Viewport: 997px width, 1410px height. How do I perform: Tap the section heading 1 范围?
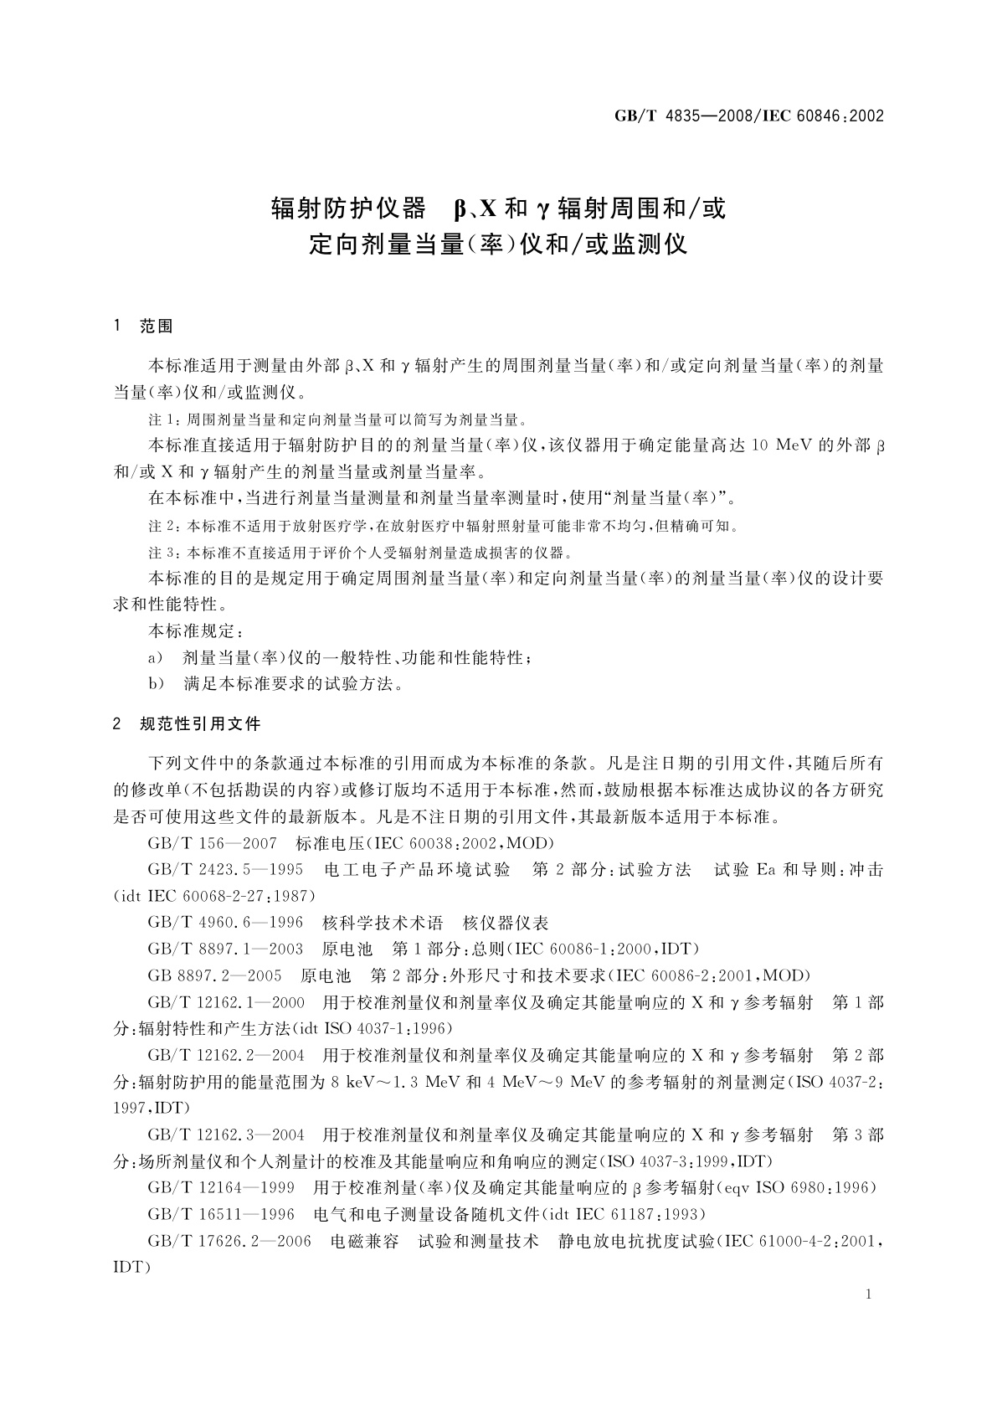tap(143, 327)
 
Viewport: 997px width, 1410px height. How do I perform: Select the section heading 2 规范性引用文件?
tap(188, 723)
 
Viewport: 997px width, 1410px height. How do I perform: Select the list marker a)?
tap(155, 658)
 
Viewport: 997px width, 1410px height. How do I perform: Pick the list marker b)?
tap(155, 684)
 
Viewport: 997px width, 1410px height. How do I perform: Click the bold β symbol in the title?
tap(459, 208)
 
